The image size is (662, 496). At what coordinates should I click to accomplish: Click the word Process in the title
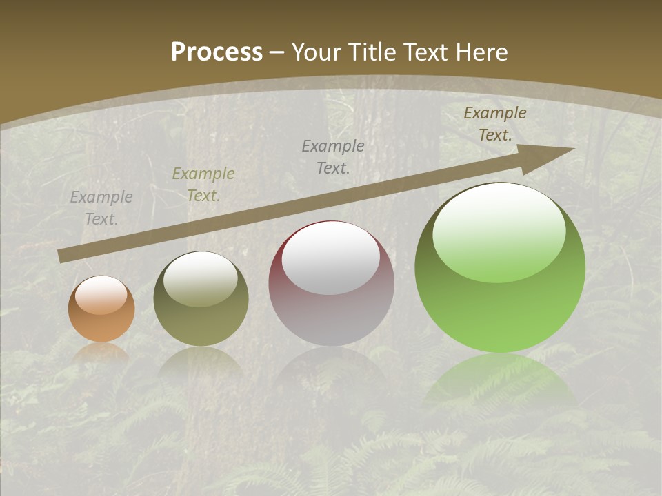click(217, 52)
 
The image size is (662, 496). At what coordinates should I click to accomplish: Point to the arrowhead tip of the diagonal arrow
click(572, 149)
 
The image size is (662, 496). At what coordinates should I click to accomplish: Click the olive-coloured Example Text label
click(203, 185)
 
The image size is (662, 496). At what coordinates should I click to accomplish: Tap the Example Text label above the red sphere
click(333, 156)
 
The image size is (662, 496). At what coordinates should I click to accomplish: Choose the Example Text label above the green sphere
click(495, 124)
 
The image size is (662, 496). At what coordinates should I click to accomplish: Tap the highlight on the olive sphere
click(201, 280)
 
